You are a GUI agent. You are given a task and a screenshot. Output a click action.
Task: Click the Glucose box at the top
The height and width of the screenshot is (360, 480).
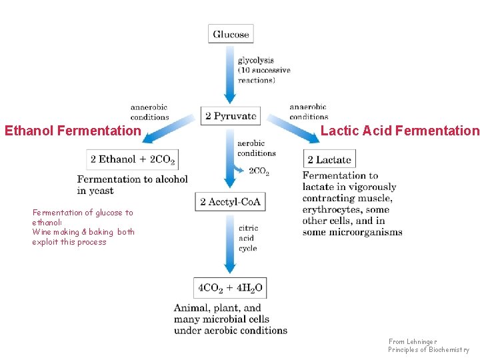click(x=231, y=35)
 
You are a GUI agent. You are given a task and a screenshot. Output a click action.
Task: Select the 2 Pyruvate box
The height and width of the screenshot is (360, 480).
click(x=231, y=116)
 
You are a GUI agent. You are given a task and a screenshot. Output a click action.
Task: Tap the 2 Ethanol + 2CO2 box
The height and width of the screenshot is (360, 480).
click(x=132, y=159)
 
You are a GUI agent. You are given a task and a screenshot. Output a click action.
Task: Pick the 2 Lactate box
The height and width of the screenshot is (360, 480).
click(x=329, y=159)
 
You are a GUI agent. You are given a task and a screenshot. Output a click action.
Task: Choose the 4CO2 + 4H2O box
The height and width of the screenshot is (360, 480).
click(x=231, y=288)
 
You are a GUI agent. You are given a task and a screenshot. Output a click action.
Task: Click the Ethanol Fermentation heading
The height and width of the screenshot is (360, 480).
click(x=73, y=131)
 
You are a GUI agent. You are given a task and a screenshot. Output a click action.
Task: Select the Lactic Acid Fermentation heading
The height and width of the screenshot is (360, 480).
click(x=400, y=131)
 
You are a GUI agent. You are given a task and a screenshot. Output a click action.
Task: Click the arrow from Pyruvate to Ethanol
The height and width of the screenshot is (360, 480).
click(x=167, y=133)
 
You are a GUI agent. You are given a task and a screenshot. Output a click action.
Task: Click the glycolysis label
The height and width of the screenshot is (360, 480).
click(x=256, y=61)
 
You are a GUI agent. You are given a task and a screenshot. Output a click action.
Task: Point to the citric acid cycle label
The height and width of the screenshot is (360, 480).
click(x=247, y=238)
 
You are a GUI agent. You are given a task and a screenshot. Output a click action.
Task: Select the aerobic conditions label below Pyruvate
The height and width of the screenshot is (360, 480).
click(x=256, y=148)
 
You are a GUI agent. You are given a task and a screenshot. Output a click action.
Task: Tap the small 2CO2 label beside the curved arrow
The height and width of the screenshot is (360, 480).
click(x=259, y=171)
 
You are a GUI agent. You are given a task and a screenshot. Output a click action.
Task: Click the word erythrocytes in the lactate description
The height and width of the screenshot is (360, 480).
click(x=330, y=209)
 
